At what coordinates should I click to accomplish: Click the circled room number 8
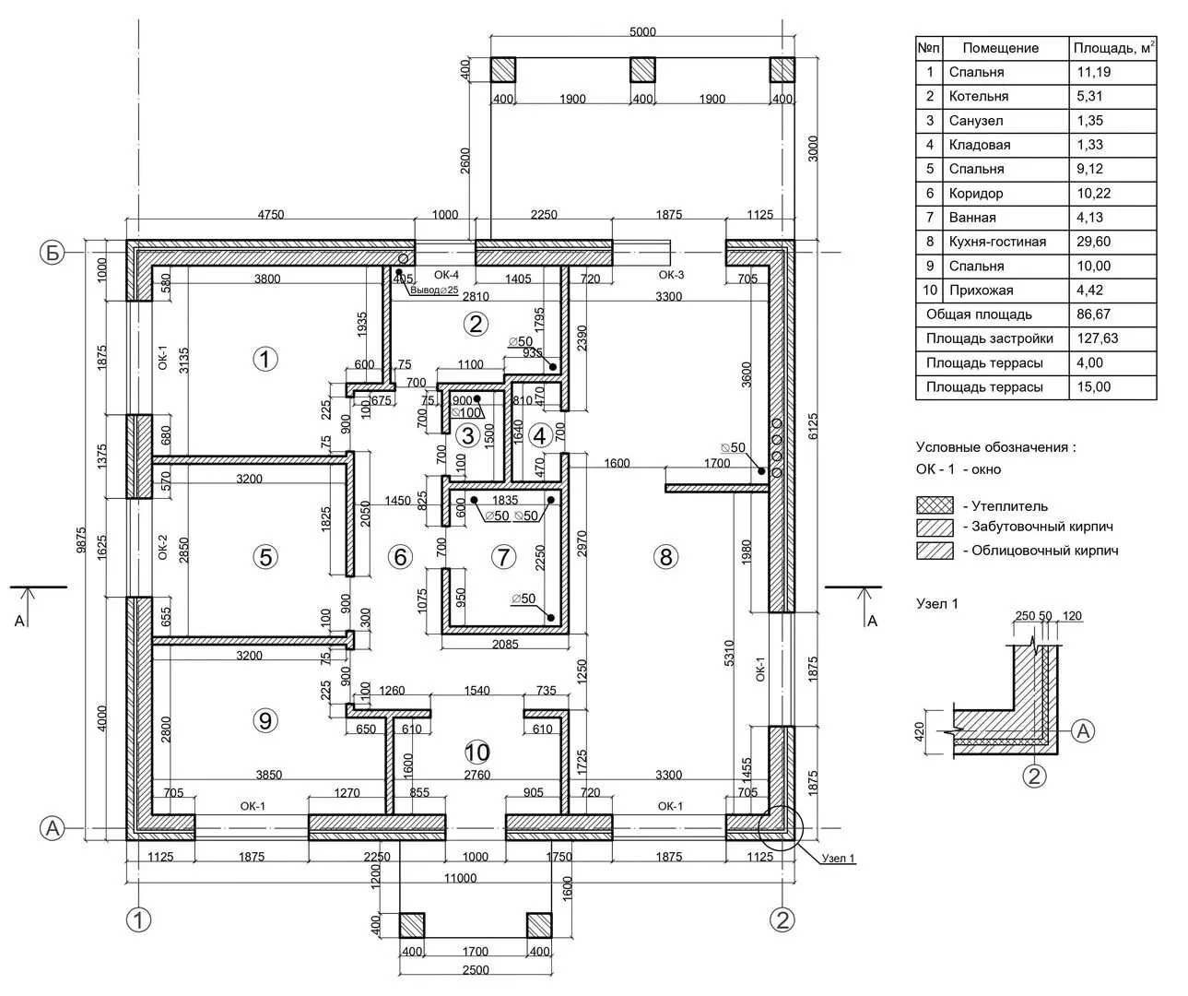coord(665,557)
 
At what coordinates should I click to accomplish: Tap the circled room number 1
coord(265,360)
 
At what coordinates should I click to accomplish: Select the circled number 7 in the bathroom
coord(502,557)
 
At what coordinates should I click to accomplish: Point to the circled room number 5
coord(265,557)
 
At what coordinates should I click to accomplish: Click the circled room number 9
coord(265,720)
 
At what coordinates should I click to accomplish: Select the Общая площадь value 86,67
coord(1094,314)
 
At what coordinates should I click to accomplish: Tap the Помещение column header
coord(1000,48)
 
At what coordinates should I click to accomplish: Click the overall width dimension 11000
coord(458,879)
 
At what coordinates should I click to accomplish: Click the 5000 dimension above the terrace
coord(642,31)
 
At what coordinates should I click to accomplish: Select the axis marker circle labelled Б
coord(53,253)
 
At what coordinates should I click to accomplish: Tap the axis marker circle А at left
coord(53,829)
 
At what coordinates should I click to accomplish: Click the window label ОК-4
coord(445,275)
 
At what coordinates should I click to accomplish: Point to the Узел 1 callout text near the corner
coord(838,859)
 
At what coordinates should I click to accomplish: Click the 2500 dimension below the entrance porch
coord(475,970)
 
